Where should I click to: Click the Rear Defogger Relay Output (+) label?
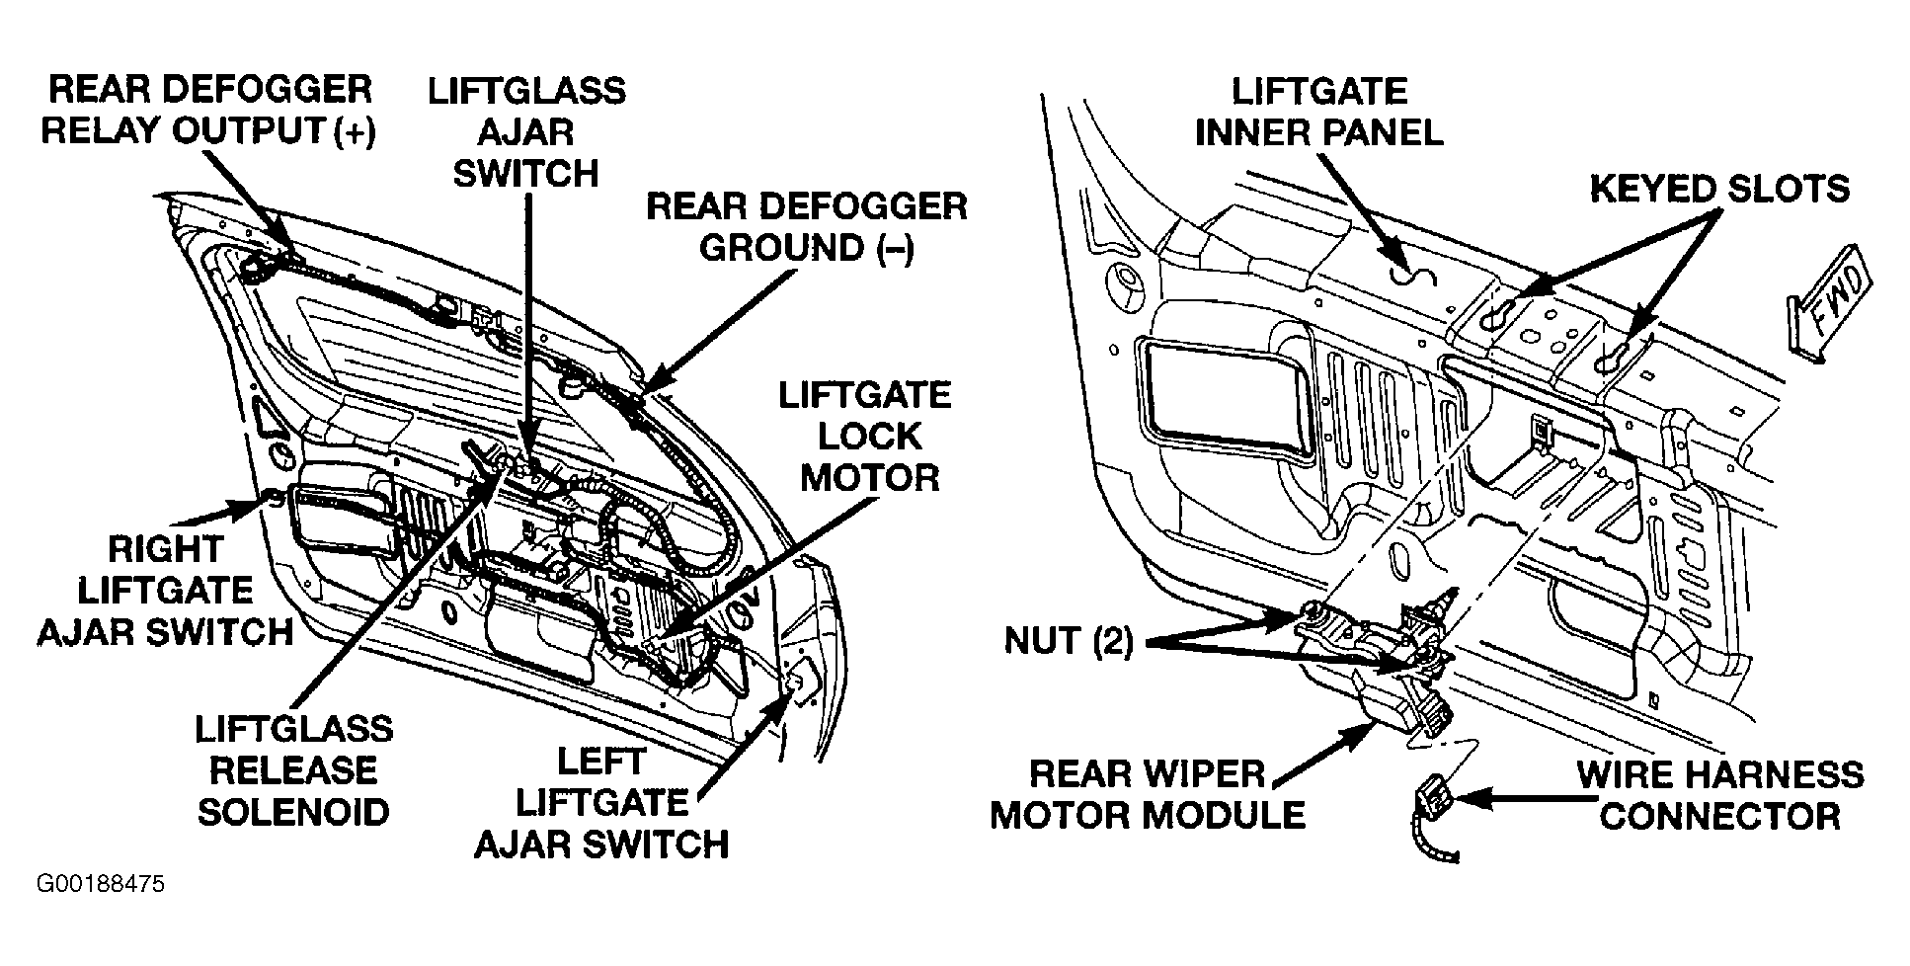pos(207,110)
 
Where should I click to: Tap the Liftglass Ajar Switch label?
pos(525,131)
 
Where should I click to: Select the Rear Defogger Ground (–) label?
pos(806,227)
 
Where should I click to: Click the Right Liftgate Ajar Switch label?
pos(165,590)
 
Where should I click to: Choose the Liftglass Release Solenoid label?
pos(293,769)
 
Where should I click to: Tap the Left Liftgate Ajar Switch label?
pos(600,802)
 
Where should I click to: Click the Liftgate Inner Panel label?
pos(1318,111)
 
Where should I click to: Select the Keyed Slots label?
pos(1718,188)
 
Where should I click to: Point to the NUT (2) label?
pos(1068,641)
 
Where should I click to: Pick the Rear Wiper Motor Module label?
pos(1148,794)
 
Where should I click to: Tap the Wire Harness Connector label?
pos(1719,794)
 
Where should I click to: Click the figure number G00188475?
pos(101,883)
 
